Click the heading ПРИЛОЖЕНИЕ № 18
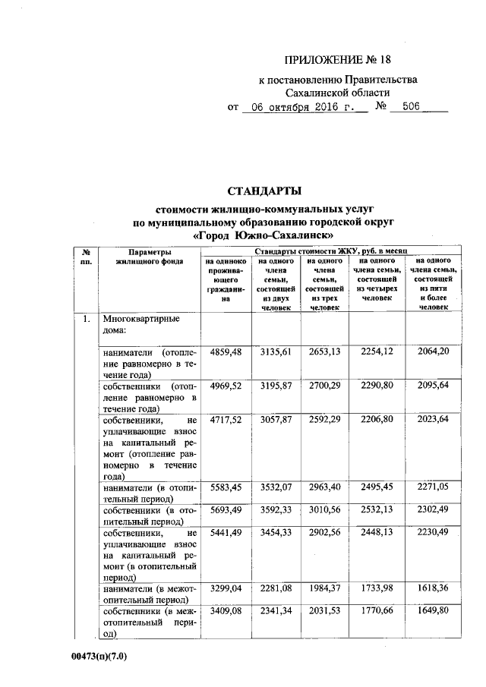pyautogui.click(x=339, y=60)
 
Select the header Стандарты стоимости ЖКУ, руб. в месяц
pyautogui.click(x=331, y=250)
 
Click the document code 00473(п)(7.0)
pyautogui.click(x=93, y=657)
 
